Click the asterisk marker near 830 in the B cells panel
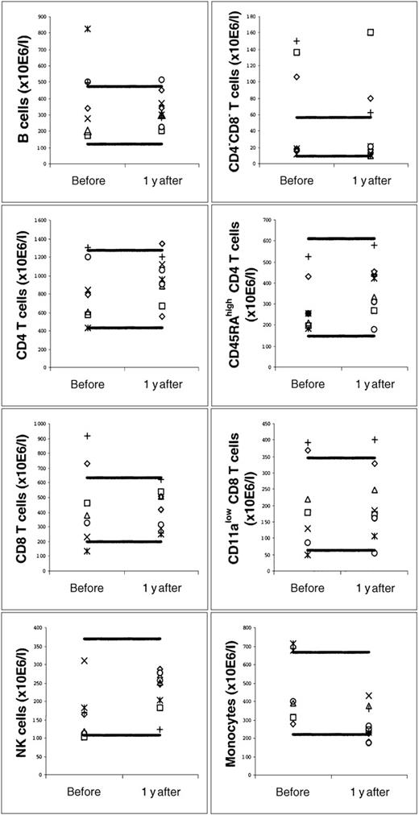click(x=87, y=29)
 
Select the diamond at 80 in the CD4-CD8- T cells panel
click(x=371, y=98)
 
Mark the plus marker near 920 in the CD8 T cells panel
click(x=87, y=436)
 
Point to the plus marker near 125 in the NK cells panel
click(x=160, y=730)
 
